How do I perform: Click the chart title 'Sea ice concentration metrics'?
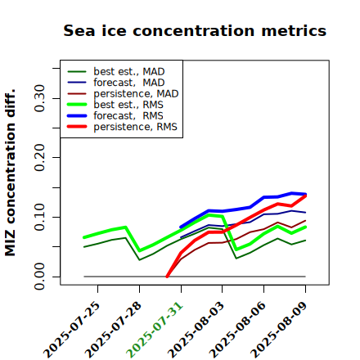click(x=195, y=30)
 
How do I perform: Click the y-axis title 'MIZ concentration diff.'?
click(x=10, y=173)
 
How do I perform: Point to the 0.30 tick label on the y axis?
click(x=40, y=98)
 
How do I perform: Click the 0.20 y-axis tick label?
click(x=40, y=158)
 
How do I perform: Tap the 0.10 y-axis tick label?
click(x=40, y=217)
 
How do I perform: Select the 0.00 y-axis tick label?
click(x=40, y=277)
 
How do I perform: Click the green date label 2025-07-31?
click(x=155, y=330)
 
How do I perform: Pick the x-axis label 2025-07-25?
click(x=71, y=330)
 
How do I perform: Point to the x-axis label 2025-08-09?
click(x=279, y=330)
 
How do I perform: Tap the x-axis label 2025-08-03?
click(x=196, y=330)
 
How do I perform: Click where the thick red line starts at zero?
click(x=167, y=277)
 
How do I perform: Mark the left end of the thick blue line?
click(x=181, y=227)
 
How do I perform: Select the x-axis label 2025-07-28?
click(x=113, y=330)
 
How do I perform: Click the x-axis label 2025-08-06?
click(x=237, y=330)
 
